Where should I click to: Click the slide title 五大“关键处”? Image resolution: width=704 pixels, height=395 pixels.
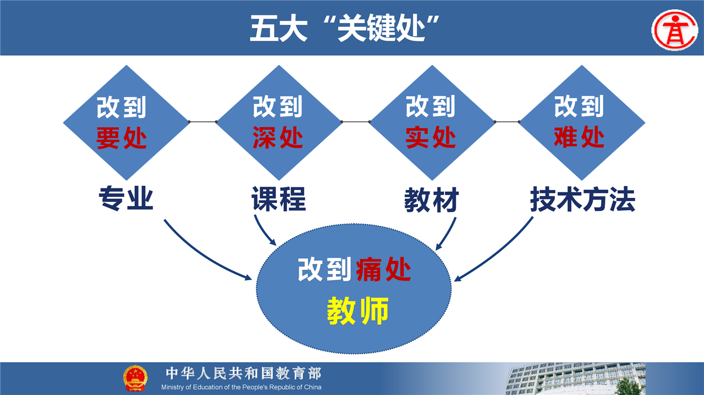345,28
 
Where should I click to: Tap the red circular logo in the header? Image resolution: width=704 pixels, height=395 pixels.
675,30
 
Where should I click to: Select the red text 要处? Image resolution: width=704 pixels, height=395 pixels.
122,138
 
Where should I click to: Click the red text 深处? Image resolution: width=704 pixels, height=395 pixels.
278,137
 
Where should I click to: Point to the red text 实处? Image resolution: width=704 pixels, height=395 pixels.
431,137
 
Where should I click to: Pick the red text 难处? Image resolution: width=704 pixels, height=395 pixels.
579,137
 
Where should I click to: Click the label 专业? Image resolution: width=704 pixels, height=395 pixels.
126,198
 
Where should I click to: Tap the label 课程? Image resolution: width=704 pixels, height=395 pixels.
279,199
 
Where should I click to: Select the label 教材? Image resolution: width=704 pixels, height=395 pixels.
432,200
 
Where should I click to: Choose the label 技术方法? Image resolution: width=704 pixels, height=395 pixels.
582,199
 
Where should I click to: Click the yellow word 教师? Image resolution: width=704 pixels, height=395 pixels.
358,311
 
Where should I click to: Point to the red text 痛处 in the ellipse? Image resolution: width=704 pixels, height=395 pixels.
383,269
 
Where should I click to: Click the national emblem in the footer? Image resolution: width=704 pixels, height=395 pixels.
135,379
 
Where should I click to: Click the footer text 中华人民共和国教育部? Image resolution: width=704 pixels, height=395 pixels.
244,374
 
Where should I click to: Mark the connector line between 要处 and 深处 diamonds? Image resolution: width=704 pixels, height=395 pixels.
203,121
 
